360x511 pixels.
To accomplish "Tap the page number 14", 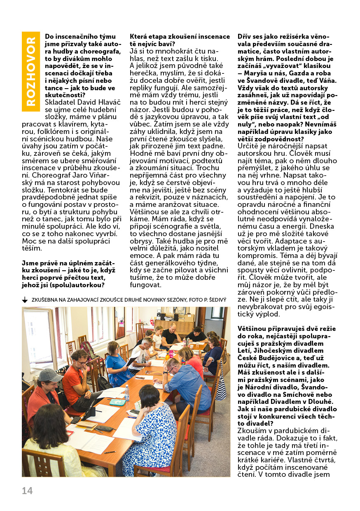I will (27, 490).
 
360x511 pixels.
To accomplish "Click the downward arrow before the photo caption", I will (25, 300).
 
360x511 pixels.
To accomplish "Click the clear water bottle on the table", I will (127, 393).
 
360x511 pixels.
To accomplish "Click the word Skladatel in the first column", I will (61, 102).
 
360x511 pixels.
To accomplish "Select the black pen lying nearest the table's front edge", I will (110, 452).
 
